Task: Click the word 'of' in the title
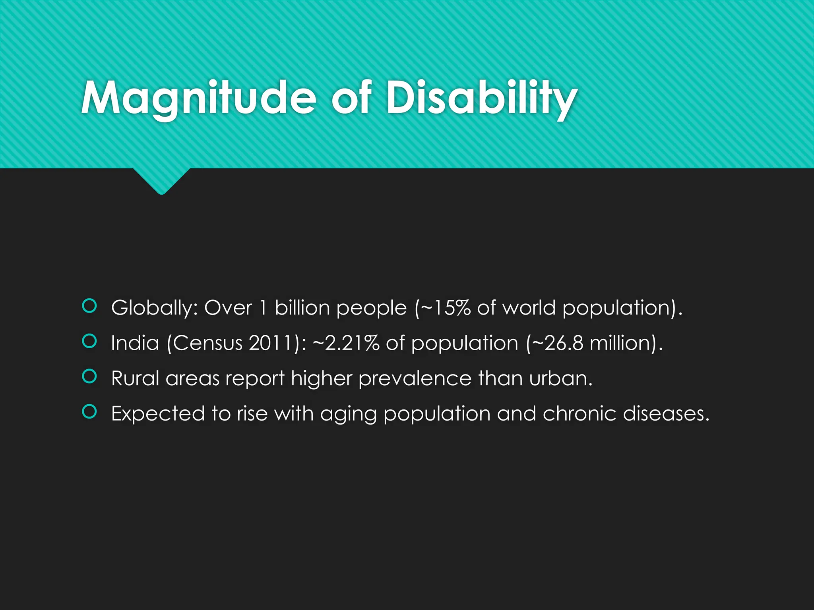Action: (x=351, y=98)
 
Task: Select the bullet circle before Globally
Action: (x=89, y=306)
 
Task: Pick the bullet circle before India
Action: (x=89, y=341)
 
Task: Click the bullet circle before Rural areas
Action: (x=89, y=376)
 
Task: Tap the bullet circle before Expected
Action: (x=89, y=412)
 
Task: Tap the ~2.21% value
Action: (x=346, y=343)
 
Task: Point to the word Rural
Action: (x=135, y=378)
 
